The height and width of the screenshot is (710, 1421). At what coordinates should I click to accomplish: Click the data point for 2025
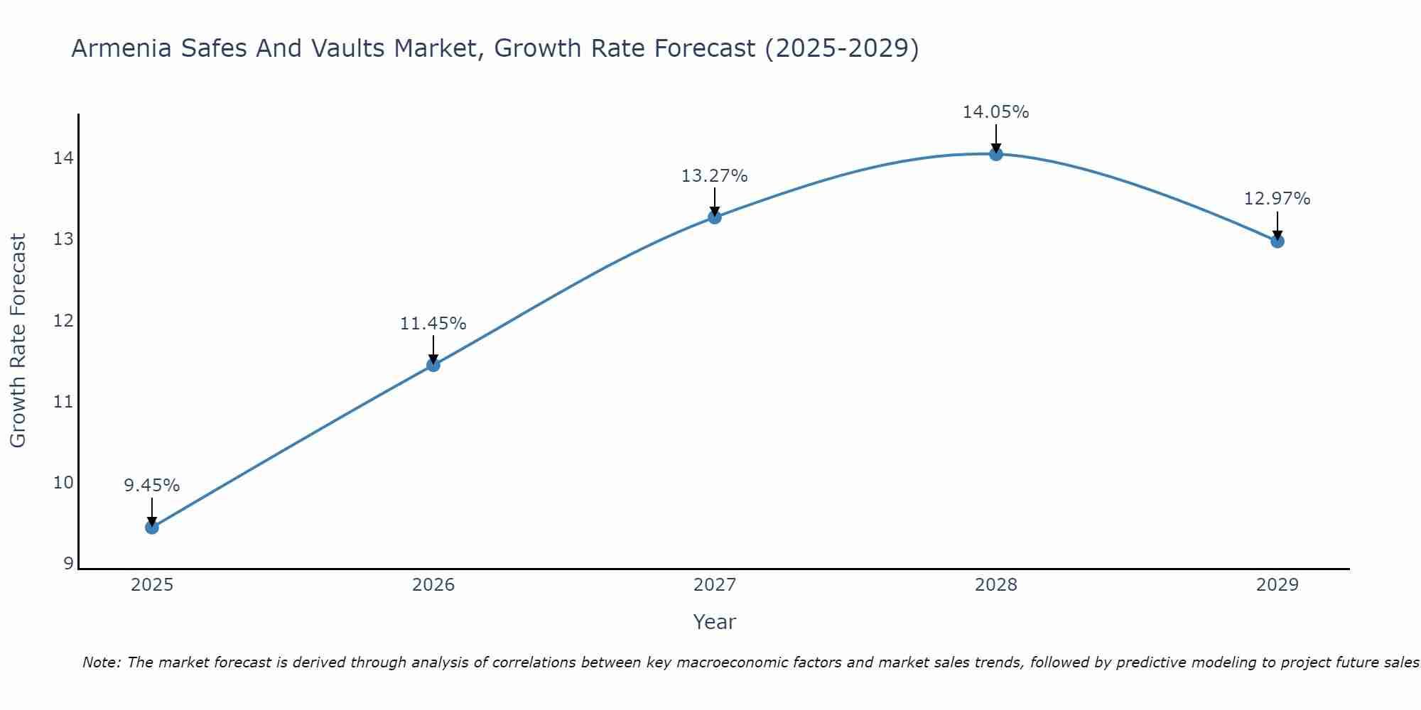tap(152, 527)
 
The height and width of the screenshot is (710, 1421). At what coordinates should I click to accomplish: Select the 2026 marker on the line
tap(433, 365)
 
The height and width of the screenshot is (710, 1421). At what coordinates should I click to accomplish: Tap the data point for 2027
tap(715, 217)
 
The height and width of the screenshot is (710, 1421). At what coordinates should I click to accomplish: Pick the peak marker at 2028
tap(996, 154)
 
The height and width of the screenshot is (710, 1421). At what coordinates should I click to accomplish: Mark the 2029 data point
tap(1277, 241)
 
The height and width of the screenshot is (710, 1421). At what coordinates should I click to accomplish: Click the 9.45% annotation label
tap(152, 486)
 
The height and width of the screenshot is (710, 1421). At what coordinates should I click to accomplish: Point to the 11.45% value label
tap(433, 324)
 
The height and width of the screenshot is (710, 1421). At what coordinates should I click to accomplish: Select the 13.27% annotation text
tap(715, 176)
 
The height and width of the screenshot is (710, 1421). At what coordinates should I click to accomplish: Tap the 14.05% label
tap(996, 112)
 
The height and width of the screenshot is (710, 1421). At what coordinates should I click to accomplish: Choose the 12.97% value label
tap(1277, 199)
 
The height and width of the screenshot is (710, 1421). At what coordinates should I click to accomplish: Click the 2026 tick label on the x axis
tap(433, 585)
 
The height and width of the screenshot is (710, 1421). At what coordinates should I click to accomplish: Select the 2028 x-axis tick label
tap(996, 585)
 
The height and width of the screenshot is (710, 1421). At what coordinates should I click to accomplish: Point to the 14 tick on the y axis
tap(63, 158)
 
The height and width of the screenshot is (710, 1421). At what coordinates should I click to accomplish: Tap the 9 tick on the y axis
tap(68, 564)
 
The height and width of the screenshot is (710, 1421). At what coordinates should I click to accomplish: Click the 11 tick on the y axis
tap(63, 402)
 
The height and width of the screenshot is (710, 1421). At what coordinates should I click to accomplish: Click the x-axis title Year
tap(715, 622)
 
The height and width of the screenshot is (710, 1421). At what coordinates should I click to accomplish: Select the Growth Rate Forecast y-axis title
tap(18, 341)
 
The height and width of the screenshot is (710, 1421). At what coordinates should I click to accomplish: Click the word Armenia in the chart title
tap(121, 48)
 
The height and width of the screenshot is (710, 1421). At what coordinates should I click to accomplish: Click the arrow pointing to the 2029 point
tap(1277, 226)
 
